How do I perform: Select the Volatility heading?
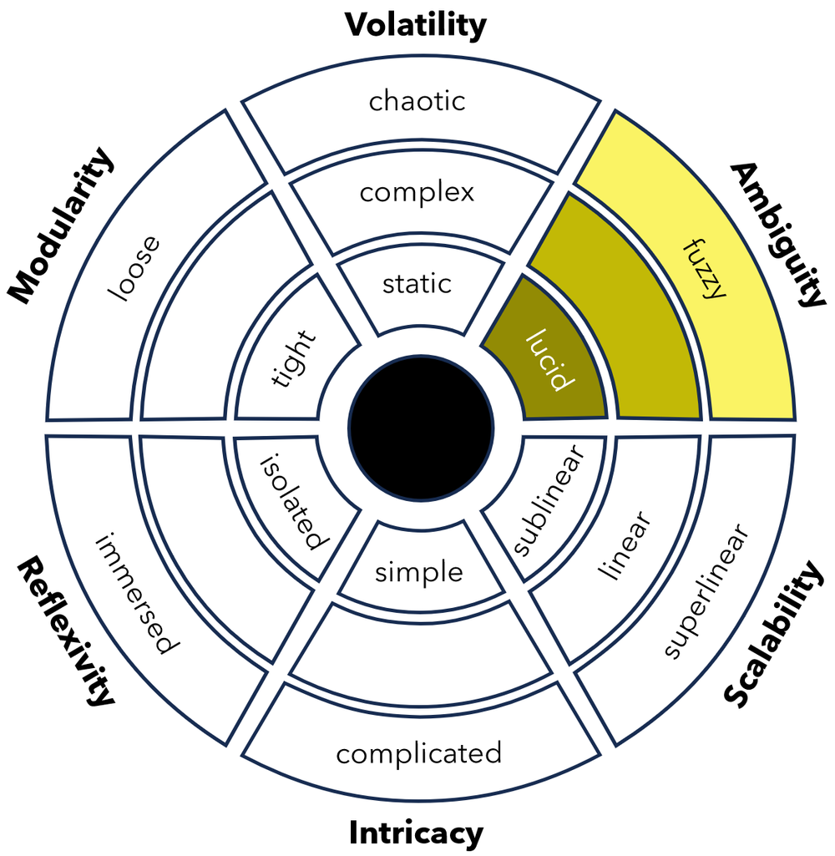tap(416, 25)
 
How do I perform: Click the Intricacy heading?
tap(416, 833)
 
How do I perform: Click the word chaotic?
tap(417, 102)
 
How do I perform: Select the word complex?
tap(417, 193)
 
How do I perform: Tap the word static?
tap(417, 284)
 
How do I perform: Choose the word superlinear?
tap(706, 591)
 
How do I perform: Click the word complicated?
tap(418, 753)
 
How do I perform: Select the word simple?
tap(418, 573)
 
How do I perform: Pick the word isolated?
tap(291, 502)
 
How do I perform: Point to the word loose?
tap(134, 269)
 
